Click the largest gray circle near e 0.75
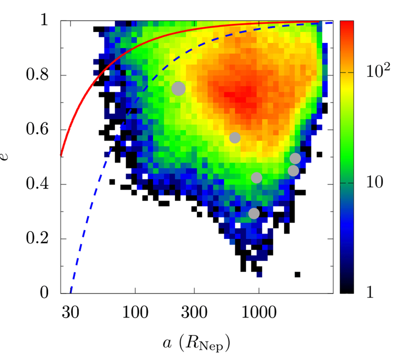pyautogui.click(x=178, y=88)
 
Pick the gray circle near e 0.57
pyautogui.click(x=234, y=137)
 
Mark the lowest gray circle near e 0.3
pyautogui.click(x=254, y=213)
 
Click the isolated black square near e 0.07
pyautogui.click(x=297, y=274)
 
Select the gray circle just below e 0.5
pyautogui.click(x=295, y=158)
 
